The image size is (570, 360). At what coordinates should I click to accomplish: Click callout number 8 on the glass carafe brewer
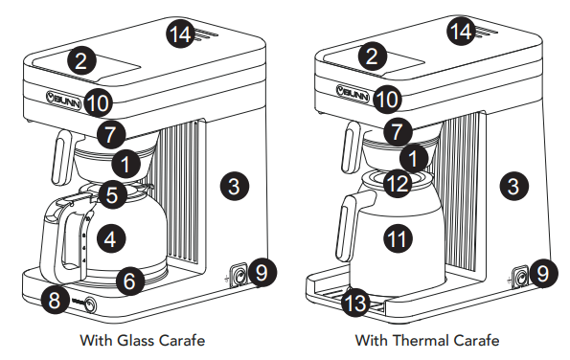pyautogui.click(x=55, y=301)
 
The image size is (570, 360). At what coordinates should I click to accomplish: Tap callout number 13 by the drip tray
pyautogui.click(x=355, y=303)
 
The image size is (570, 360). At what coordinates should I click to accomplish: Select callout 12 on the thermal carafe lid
pyautogui.click(x=399, y=184)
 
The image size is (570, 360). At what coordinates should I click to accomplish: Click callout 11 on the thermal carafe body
pyautogui.click(x=398, y=238)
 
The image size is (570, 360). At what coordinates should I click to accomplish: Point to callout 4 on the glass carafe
pyautogui.click(x=111, y=239)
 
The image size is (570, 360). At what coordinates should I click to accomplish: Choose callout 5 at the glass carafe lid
pyautogui.click(x=112, y=194)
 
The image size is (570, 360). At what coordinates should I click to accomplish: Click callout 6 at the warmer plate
pyautogui.click(x=129, y=281)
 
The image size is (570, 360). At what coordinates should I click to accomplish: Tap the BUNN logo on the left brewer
pyautogui.click(x=63, y=100)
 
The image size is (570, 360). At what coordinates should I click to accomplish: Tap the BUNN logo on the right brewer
pyautogui.click(x=353, y=94)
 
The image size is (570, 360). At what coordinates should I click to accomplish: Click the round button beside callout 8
pyautogui.click(x=90, y=304)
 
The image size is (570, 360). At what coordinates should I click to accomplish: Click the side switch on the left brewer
pyautogui.click(x=239, y=277)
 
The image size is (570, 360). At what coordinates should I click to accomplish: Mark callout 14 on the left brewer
pyautogui.click(x=180, y=34)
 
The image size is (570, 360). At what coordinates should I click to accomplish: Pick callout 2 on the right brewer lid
pyautogui.click(x=372, y=56)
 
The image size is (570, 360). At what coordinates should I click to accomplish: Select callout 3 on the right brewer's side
pyautogui.click(x=513, y=186)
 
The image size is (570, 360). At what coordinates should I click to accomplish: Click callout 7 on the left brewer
pyautogui.click(x=111, y=135)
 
